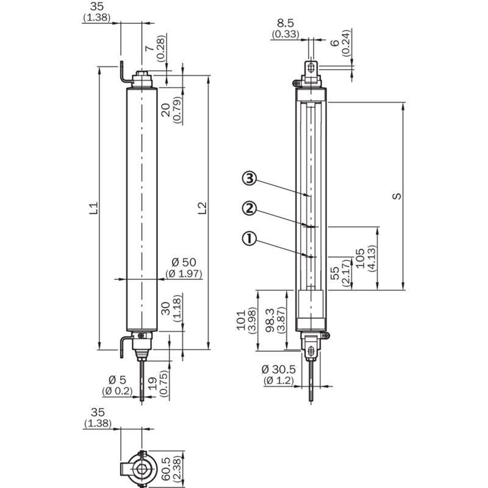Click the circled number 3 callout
click(249, 179)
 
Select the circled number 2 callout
click(249, 209)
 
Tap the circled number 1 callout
click(249, 239)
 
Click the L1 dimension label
click(94, 208)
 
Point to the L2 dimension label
click(203, 208)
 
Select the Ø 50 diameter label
click(184, 262)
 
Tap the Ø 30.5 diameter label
click(279, 370)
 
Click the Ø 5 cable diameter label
click(117, 379)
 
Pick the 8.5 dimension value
click(285, 23)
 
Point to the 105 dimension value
click(360, 258)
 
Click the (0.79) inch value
click(177, 110)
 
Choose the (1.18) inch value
click(177, 308)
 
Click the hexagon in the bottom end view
click(142, 468)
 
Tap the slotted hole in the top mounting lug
click(310, 68)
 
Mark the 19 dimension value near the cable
click(152, 384)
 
